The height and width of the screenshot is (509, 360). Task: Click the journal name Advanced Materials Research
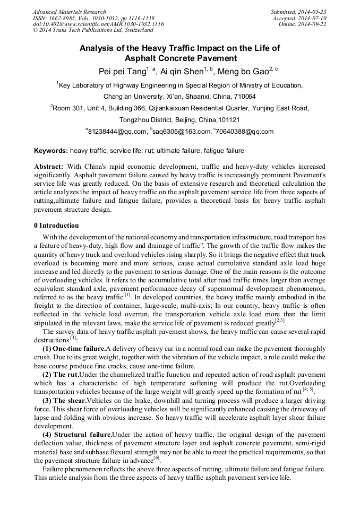pyautogui.click(x=69, y=12)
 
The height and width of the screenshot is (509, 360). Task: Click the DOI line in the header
pyautogui.click(x=98, y=24)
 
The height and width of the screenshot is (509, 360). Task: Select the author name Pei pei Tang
pyautogui.click(x=122, y=71)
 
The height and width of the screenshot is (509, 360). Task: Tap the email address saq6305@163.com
pyautogui.click(x=182, y=132)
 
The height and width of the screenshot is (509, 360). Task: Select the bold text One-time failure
pyautogui.click(x=79, y=348)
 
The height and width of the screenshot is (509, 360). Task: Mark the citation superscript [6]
pyautogui.click(x=157, y=458)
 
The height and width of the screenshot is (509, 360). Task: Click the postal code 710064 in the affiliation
pyautogui.click(x=229, y=97)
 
